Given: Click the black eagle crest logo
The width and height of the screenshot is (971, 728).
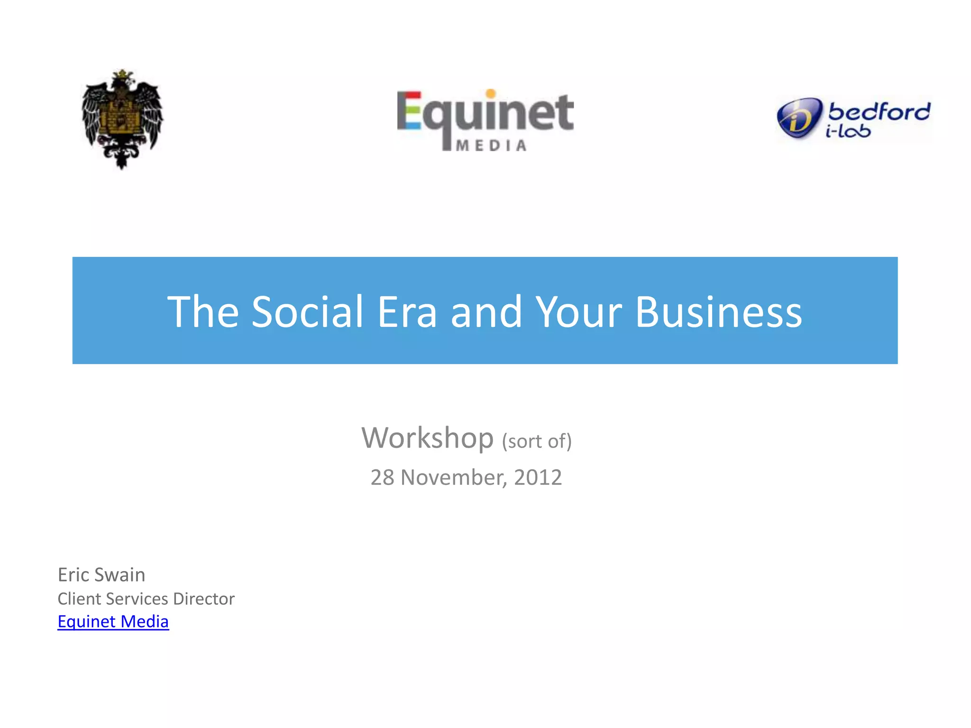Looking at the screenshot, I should coord(122,118).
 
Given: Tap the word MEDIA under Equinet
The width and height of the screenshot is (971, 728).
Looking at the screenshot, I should coord(491,146).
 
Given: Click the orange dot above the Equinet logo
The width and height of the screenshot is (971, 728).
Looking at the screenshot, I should coord(491,93).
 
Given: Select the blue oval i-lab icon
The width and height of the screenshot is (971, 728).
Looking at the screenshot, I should coord(799,118).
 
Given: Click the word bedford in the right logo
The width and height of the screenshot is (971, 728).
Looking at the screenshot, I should coord(879,112).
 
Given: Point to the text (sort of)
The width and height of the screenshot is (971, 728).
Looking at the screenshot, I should coord(537,441).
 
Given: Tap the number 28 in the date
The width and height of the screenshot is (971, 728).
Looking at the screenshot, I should coord(382,477).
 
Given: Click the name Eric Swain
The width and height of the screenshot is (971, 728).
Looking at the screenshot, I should coord(101,575).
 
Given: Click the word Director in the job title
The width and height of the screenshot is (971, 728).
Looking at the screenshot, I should coord(204,599).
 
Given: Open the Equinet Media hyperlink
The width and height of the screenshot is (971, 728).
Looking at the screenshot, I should coord(113,621).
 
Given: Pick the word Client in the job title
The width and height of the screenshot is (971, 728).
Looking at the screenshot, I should coord(79,599).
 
